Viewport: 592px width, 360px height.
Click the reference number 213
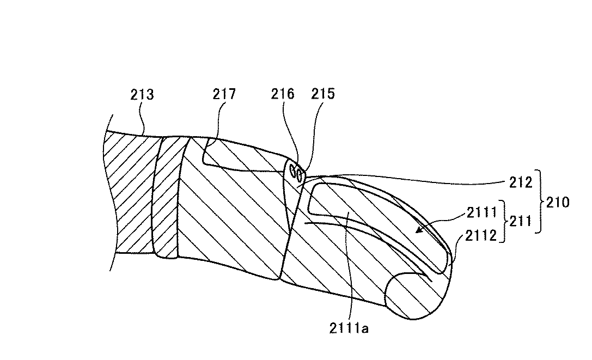pos(142,95)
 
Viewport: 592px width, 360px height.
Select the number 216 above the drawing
pos(283,94)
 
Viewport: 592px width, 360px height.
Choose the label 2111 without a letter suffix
pos(483,212)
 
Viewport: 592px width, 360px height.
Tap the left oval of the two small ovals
pos(293,172)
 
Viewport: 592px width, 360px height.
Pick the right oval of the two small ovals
pos(299,173)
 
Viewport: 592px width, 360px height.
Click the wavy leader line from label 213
pos(142,120)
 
